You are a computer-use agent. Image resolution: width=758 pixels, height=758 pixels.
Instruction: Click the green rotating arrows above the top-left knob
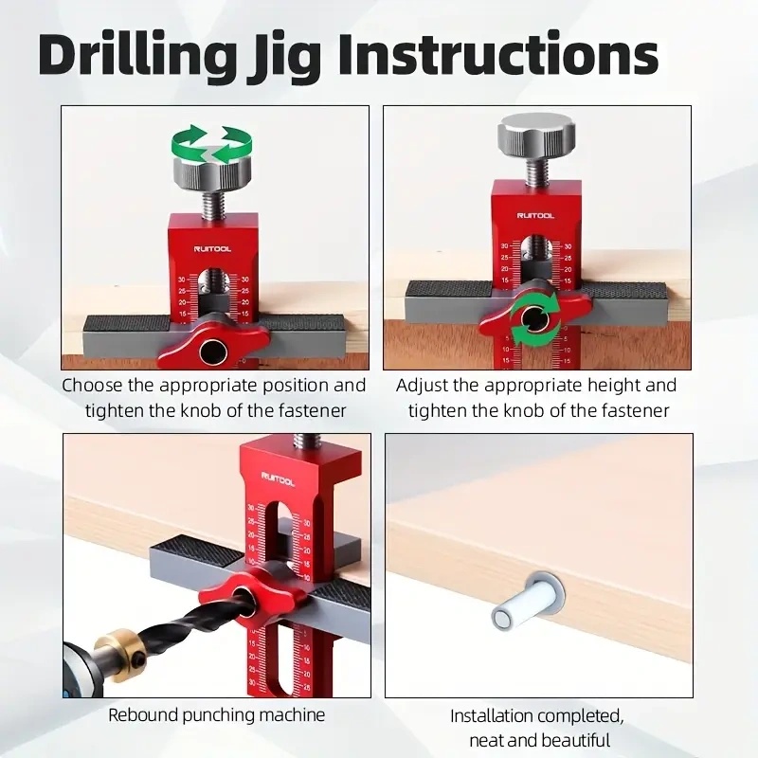(213, 144)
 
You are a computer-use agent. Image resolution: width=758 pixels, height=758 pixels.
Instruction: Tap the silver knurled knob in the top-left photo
(212, 174)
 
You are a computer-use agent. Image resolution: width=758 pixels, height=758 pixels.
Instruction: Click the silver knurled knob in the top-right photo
(535, 130)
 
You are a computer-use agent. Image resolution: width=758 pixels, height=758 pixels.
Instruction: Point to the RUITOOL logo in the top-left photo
(212, 248)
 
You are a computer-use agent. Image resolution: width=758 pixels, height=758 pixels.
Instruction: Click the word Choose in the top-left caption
(90, 386)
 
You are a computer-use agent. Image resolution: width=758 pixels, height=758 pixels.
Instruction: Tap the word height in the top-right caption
(605, 386)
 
